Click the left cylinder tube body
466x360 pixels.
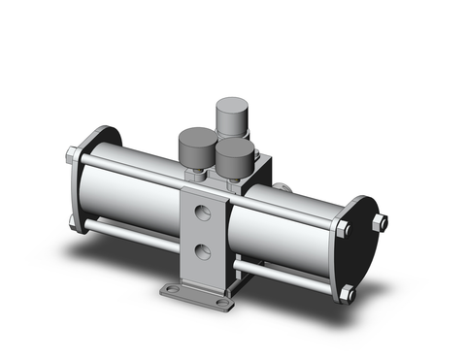[131, 199]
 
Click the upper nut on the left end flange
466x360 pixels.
[74, 155]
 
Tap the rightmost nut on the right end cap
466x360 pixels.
[383, 224]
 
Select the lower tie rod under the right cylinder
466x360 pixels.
[291, 276]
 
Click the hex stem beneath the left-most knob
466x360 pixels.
[195, 176]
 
